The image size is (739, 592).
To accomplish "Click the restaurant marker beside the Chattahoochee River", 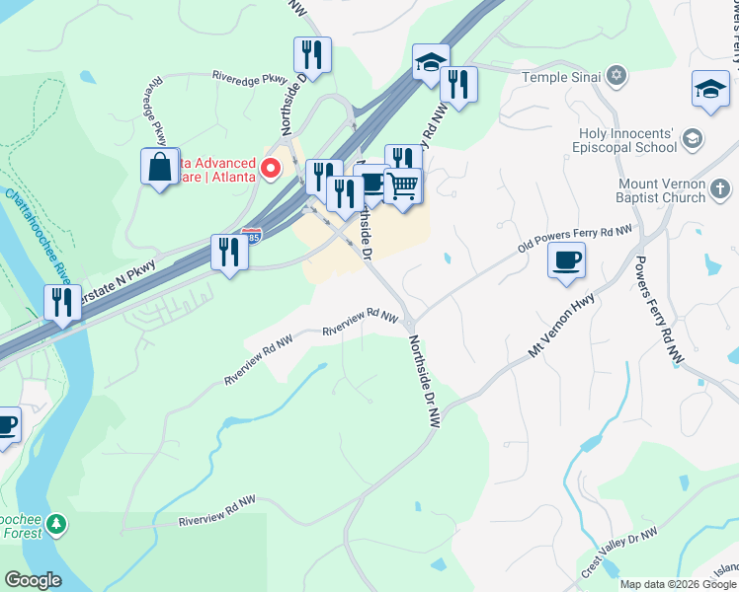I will [x=62, y=302].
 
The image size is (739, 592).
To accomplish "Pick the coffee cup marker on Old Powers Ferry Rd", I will [x=566, y=261].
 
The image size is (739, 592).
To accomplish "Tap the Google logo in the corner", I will [x=33, y=580].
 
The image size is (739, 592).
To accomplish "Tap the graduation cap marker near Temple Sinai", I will [x=431, y=63].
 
